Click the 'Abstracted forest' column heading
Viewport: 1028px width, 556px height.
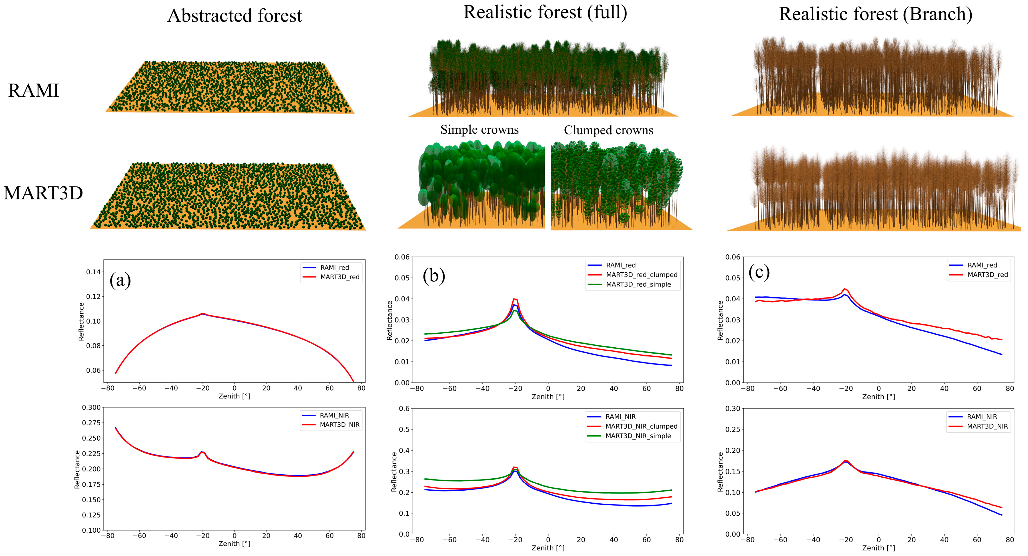[x=235, y=16]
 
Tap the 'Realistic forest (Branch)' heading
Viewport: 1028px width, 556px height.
[x=875, y=14]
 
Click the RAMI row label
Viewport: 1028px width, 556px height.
[x=33, y=91]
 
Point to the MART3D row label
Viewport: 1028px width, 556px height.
[x=43, y=193]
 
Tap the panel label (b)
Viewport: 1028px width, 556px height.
[x=434, y=276]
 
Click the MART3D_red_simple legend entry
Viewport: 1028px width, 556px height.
[x=638, y=284]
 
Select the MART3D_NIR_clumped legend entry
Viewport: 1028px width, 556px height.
[x=641, y=426]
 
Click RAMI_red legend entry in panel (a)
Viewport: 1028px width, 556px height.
[x=334, y=268]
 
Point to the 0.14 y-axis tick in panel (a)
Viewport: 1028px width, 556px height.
[x=93, y=272]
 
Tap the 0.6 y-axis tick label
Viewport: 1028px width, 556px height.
[x=404, y=408]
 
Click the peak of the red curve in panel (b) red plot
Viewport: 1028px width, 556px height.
[x=515, y=299]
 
